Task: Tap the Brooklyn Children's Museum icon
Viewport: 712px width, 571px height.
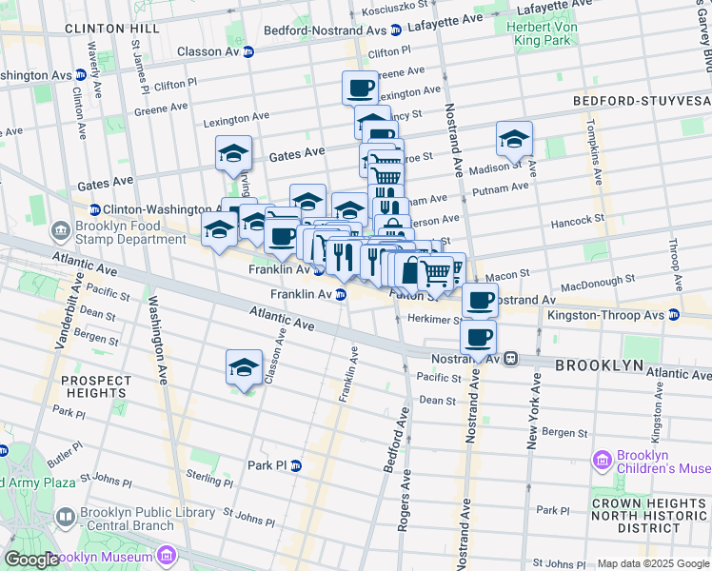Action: [x=602, y=463]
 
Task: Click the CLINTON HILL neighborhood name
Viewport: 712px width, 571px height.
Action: [x=112, y=30]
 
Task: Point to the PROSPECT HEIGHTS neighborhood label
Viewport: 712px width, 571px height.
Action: [x=95, y=386]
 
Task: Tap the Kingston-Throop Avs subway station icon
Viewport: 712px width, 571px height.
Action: [x=674, y=314]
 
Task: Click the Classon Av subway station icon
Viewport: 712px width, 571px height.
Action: [x=248, y=51]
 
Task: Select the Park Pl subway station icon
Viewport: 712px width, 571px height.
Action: [x=296, y=465]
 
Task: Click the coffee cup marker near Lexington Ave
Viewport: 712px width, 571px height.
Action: [x=360, y=89]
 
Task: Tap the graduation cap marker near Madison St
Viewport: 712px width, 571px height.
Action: [x=513, y=139]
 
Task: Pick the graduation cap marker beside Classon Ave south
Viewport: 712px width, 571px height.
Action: [x=244, y=367]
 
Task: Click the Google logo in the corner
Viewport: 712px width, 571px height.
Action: [x=31, y=560]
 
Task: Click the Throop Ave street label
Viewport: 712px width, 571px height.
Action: [x=674, y=252]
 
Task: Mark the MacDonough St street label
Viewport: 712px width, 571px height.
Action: [x=596, y=282]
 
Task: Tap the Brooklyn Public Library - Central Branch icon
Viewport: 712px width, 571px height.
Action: [x=66, y=518]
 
